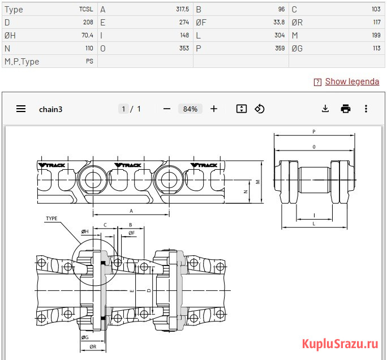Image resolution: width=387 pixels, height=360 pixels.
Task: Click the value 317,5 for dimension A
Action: coord(182,10)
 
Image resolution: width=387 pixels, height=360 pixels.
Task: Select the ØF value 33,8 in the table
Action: coord(279,23)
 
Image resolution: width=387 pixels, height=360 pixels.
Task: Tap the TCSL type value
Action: coord(86,10)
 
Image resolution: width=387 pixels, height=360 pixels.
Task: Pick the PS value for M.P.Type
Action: coord(89,61)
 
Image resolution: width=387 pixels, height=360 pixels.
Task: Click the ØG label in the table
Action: coord(297,48)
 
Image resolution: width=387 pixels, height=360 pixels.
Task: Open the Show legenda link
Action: coord(352,82)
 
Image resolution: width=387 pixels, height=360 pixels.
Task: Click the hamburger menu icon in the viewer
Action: coord(21,109)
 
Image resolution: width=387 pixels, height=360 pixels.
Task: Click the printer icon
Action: coord(346,109)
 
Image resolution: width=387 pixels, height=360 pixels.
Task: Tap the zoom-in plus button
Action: coord(214,109)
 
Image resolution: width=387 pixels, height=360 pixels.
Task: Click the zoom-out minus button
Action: coord(167,109)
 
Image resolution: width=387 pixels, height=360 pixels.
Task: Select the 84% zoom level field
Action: coord(190,109)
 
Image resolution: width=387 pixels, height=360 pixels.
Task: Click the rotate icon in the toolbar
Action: coord(259,109)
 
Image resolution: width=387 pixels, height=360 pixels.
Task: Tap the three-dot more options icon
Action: coord(366,109)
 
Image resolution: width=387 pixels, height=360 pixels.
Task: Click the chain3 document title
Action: coord(50,109)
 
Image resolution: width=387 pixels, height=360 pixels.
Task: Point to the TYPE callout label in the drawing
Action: coord(51,218)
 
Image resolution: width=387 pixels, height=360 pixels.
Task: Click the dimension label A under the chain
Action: coord(131,211)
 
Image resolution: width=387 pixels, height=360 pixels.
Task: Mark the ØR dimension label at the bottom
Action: coord(93,346)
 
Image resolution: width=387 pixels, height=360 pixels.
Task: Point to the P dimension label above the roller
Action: coord(314,132)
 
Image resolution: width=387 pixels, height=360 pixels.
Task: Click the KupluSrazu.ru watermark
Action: coord(340,344)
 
